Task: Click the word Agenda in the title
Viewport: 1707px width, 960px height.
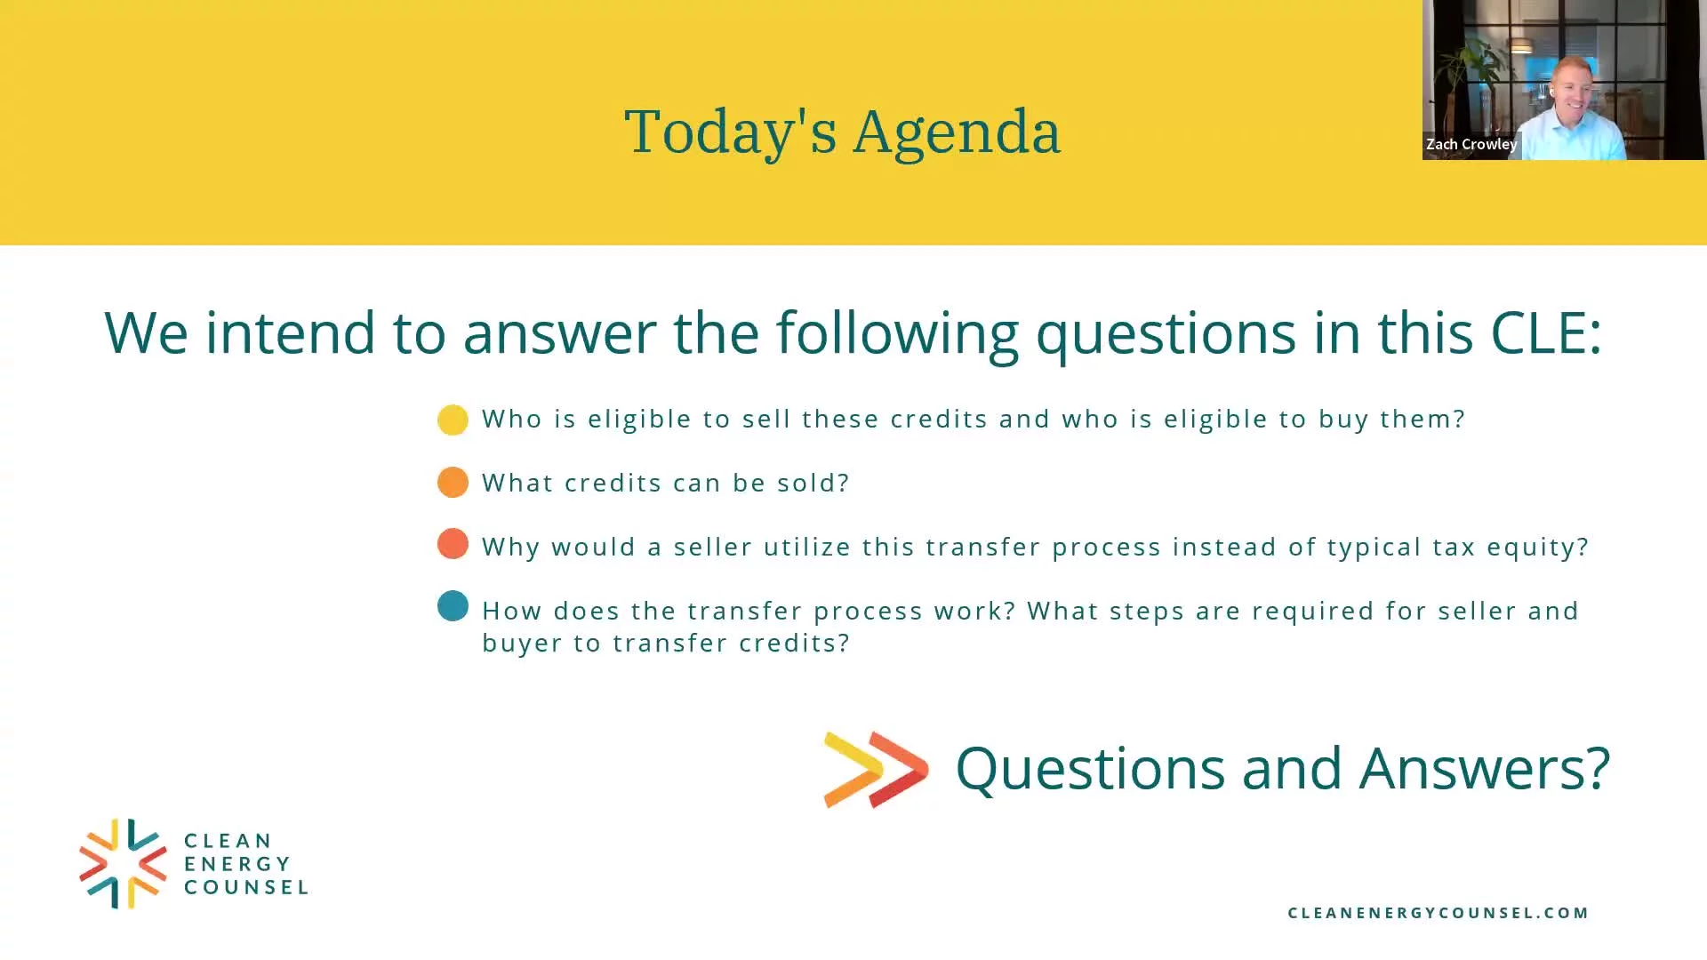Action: coord(957,133)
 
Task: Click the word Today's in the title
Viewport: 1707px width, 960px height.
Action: coord(731,132)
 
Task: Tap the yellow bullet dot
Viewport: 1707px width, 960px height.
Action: coord(453,420)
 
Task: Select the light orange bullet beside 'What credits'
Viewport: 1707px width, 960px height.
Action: coord(453,482)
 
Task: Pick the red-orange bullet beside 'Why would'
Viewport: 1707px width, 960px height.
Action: coord(453,543)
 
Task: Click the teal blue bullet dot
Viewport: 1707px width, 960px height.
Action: coord(453,606)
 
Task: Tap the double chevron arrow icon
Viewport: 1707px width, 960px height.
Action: coord(877,769)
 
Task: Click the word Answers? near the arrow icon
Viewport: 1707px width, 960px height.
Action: coord(1485,768)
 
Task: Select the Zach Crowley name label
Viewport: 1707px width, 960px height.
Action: coord(1471,144)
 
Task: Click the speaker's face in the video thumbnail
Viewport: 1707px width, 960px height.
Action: coord(1571,92)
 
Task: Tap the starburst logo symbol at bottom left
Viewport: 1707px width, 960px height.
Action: coord(123,863)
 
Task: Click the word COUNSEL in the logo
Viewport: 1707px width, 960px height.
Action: coord(246,887)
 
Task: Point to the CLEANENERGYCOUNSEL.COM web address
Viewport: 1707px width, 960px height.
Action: coord(1438,913)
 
